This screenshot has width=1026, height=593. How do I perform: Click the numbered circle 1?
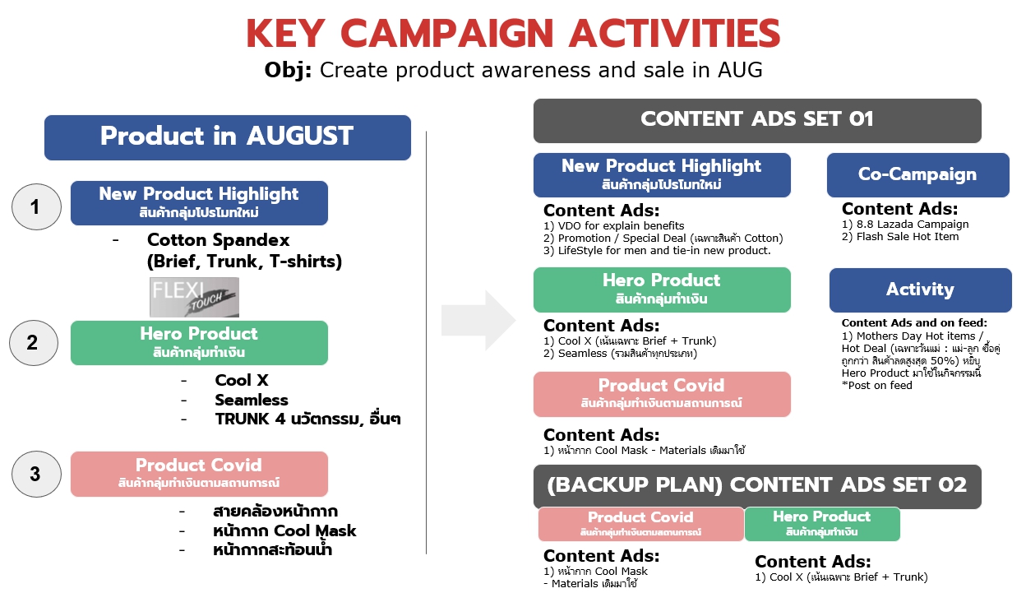36,206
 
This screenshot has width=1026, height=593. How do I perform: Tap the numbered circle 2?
34,343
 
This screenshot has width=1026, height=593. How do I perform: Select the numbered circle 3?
36,474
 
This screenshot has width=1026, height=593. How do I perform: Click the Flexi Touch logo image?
194,297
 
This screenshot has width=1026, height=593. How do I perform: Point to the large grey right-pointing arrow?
478,320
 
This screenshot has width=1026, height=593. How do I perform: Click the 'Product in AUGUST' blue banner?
228,137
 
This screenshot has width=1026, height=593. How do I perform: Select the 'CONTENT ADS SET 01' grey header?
757,121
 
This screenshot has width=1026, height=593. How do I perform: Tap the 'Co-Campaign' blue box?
918,175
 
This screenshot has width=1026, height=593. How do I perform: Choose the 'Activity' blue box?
920,290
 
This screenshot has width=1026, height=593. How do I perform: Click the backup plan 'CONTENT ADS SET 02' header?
757,486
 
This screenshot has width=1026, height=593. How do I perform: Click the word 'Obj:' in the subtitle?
288,70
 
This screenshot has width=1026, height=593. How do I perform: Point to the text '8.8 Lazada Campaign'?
913,224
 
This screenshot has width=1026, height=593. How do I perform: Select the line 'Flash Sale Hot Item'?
908,237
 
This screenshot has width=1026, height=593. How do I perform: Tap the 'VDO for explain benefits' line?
621,225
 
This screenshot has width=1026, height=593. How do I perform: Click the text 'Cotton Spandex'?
218,239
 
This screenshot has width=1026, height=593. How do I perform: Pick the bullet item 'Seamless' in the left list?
252,400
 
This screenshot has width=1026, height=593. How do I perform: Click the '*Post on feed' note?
876,386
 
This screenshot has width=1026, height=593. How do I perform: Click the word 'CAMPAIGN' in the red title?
447,33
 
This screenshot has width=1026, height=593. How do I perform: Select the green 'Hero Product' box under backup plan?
822,524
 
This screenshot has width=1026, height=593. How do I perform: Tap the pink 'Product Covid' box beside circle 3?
199,474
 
